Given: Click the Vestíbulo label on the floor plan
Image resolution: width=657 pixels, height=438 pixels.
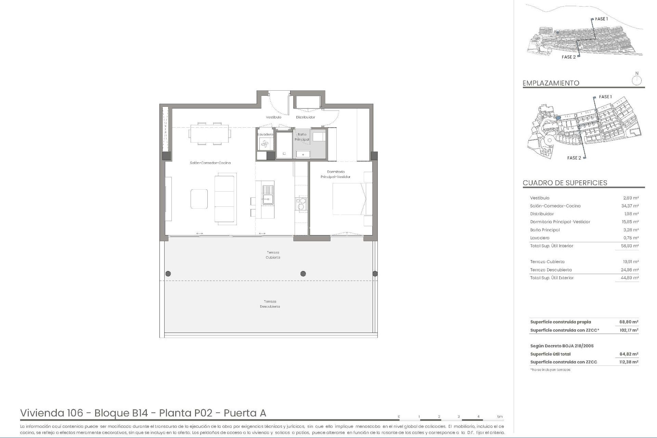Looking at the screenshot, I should coord(273,117).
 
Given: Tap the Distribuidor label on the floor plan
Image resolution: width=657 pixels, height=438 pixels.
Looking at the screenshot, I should coord(305,117).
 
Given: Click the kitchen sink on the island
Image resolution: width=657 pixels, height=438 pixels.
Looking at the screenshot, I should coord(268,195).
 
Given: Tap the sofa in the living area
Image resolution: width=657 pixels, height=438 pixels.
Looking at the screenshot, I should coord(225,199).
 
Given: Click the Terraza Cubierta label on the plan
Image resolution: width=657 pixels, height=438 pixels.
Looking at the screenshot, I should coord(273,255).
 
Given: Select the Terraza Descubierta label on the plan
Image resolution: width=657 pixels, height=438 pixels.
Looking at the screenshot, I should coord(270,304).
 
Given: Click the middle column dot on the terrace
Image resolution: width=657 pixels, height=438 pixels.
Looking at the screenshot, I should coord(303,273).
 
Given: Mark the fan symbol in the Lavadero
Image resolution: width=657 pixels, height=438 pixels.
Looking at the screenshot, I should coord(265,144).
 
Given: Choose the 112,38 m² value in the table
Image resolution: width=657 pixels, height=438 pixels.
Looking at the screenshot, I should coord(629,362).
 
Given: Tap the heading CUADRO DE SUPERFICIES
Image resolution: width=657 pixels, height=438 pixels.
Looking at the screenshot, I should coord(565,183).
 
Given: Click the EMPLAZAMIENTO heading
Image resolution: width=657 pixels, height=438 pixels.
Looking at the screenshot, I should coord(551,83).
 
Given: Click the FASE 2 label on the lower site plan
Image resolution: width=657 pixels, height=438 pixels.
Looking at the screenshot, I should coord(574,158).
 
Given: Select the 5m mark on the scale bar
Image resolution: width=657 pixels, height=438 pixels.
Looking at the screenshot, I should coord(500,417).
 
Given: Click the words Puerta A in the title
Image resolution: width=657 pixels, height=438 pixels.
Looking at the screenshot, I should coord(245,413).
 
